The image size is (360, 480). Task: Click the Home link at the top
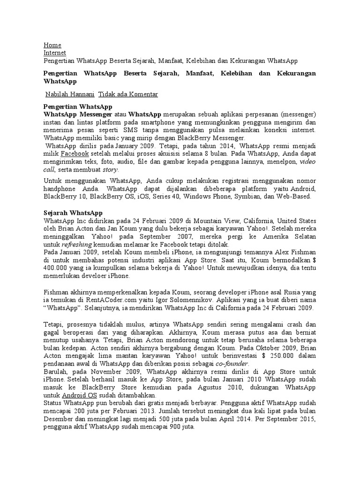[x=52, y=45]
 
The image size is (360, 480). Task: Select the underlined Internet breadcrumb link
[x=55, y=53]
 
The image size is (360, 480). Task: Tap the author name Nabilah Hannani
[x=69, y=94]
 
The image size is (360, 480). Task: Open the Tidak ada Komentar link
[x=128, y=94]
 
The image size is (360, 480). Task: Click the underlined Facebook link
[x=75, y=153]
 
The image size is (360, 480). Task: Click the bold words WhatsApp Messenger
[x=78, y=114]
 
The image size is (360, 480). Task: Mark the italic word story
[x=110, y=169]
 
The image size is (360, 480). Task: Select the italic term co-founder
[x=232, y=364]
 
